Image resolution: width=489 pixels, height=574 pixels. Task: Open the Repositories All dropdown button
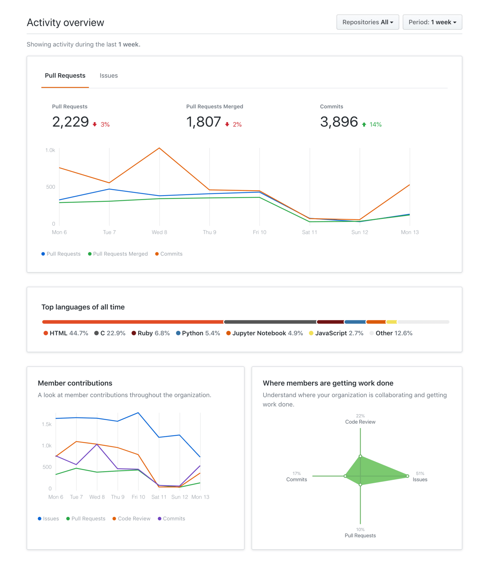coord(367,22)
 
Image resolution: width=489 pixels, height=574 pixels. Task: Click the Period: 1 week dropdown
coord(432,22)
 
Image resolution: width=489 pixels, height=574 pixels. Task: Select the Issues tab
coord(109,75)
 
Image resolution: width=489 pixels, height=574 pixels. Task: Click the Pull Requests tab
coord(65,75)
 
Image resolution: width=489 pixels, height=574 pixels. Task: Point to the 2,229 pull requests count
coord(71,122)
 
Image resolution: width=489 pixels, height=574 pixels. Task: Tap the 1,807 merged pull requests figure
coord(204,122)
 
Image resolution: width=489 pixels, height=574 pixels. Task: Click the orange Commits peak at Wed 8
coord(159,148)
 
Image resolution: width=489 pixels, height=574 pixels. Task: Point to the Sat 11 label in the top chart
coord(309,232)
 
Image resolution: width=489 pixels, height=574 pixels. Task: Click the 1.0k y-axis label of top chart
coord(50,150)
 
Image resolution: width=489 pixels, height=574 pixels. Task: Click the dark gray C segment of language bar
coord(270,322)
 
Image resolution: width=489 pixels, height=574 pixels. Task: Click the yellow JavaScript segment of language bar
coord(391,322)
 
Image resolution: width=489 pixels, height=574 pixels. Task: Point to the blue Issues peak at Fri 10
coord(138,413)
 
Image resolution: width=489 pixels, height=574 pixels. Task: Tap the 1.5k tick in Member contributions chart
coord(47,424)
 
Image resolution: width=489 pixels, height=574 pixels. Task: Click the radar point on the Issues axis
coord(408,476)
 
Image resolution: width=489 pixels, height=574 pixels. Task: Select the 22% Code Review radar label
coord(360,419)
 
